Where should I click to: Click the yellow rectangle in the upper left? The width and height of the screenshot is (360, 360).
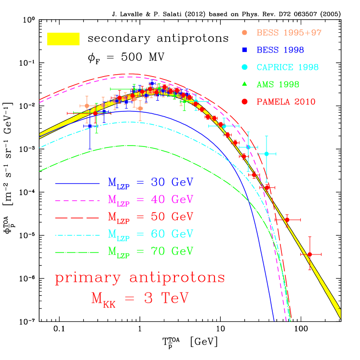[x=63, y=39]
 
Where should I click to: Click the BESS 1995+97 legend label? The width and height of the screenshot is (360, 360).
[x=289, y=33]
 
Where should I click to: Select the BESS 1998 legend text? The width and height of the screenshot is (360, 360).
[x=280, y=50]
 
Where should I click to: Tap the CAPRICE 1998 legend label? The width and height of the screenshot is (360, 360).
[x=287, y=67]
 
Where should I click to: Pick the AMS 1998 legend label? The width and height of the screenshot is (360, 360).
[x=278, y=84]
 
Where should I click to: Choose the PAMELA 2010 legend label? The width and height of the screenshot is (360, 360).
[x=286, y=102]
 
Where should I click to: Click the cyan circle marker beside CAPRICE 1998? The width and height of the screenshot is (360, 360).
[x=244, y=67]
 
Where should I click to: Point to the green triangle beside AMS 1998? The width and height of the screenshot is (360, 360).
[x=244, y=84]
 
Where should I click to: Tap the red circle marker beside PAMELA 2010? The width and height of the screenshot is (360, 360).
[x=244, y=102]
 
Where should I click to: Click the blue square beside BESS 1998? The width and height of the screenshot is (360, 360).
[x=244, y=50]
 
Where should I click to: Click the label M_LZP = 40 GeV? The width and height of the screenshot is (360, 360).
[x=150, y=200]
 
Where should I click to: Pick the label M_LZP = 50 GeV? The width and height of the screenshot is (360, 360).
[x=150, y=217]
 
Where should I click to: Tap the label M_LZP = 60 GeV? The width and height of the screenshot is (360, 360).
[x=150, y=234]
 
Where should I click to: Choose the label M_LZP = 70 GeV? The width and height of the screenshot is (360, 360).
[x=150, y=252]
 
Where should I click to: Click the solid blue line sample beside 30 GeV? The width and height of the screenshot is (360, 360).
[x=77, y=183]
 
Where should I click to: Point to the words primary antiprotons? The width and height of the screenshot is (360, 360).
[x=140, y=278]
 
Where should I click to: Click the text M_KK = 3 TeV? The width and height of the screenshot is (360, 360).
[x=140, y=299]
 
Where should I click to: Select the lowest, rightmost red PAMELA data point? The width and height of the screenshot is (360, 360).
[x=310, y=254]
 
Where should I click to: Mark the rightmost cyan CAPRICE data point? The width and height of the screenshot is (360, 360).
[x=267, y=154]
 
